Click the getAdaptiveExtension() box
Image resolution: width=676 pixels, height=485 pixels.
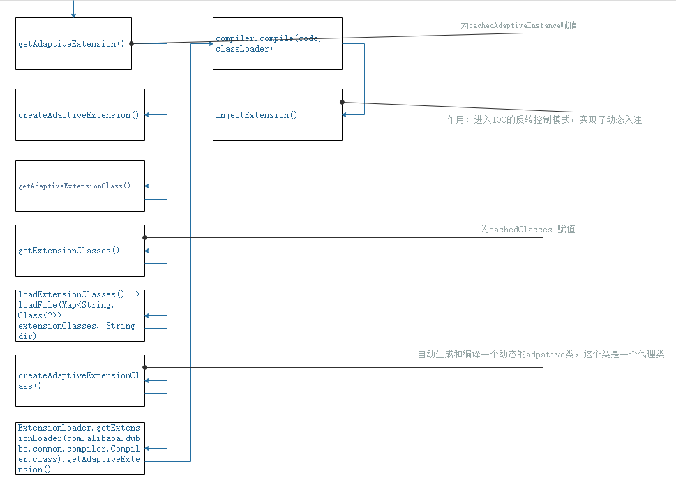tap(73, 44)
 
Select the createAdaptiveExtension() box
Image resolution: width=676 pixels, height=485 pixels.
tap(80, 115)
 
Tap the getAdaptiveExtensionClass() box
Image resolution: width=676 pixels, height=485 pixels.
tap(80, 186)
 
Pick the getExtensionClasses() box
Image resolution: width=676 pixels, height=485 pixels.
tap(80, 251)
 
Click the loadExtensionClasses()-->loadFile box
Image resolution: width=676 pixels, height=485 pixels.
tap(80, 315)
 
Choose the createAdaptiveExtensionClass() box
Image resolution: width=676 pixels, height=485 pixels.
tap(80, 380)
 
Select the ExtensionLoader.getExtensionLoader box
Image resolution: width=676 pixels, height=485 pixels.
tap(80, 448)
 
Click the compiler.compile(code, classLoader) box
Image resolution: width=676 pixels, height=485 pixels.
tap(278, 44)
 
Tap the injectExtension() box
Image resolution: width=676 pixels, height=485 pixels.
tap(278, 115)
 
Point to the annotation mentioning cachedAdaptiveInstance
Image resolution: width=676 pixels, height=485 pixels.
tap(518, 26)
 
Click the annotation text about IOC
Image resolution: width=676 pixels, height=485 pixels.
tap(544, 120)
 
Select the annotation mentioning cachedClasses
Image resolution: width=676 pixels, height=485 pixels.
tap(527, 230)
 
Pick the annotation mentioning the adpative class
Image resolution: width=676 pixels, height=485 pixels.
tap(541, 355)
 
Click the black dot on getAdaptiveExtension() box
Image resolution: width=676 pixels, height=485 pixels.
tap(131, 43)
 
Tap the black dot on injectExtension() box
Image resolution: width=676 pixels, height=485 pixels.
tap(342, 103)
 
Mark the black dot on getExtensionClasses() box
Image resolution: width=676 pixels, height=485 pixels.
tap(144, 237)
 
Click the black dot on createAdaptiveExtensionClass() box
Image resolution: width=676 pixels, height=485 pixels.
tap(144, 367)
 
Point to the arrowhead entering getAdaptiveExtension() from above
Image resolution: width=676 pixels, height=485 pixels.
tap(73, 15)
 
